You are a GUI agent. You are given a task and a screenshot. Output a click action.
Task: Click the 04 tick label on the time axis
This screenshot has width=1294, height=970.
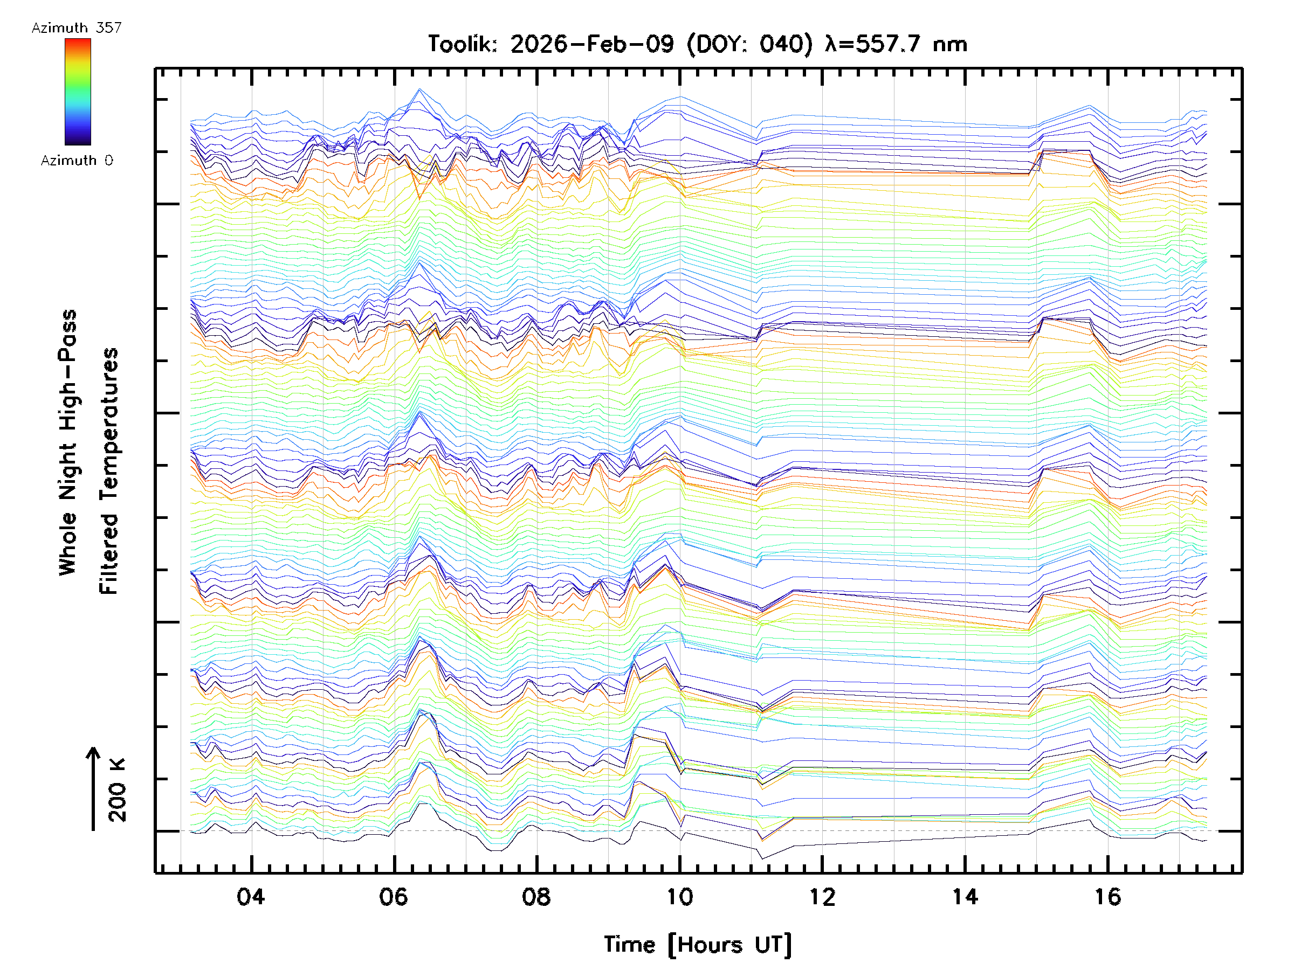250,897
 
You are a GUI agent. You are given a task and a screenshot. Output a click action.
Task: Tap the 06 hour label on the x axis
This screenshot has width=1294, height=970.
393,897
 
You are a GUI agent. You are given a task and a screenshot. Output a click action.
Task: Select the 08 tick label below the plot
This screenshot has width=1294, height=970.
536,897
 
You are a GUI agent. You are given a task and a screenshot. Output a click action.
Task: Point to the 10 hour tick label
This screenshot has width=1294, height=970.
679,897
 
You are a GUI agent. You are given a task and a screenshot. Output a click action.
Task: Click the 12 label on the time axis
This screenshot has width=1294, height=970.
822,897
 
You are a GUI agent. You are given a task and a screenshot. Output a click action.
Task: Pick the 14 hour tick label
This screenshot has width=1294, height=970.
965,897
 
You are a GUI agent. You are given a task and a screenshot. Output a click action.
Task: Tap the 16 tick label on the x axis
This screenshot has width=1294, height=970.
1107,897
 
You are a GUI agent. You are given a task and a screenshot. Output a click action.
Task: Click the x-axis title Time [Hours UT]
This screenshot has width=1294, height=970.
697,945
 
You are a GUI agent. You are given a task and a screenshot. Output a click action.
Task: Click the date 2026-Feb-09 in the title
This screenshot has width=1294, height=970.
591,44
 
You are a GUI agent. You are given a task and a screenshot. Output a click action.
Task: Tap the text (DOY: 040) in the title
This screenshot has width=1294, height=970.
749,44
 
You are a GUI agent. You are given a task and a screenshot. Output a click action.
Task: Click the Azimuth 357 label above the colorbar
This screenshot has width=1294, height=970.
77,28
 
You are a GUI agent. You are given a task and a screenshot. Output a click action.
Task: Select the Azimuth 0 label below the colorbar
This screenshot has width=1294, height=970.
77,160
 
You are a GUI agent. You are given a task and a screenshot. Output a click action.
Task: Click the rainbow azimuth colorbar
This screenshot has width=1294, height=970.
78,92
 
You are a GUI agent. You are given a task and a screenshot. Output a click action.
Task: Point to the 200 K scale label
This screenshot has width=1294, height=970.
118,790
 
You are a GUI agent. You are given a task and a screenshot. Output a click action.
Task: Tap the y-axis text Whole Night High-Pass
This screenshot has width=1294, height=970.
68,442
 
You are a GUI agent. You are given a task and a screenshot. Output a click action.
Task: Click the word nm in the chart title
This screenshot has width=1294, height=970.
950,44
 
